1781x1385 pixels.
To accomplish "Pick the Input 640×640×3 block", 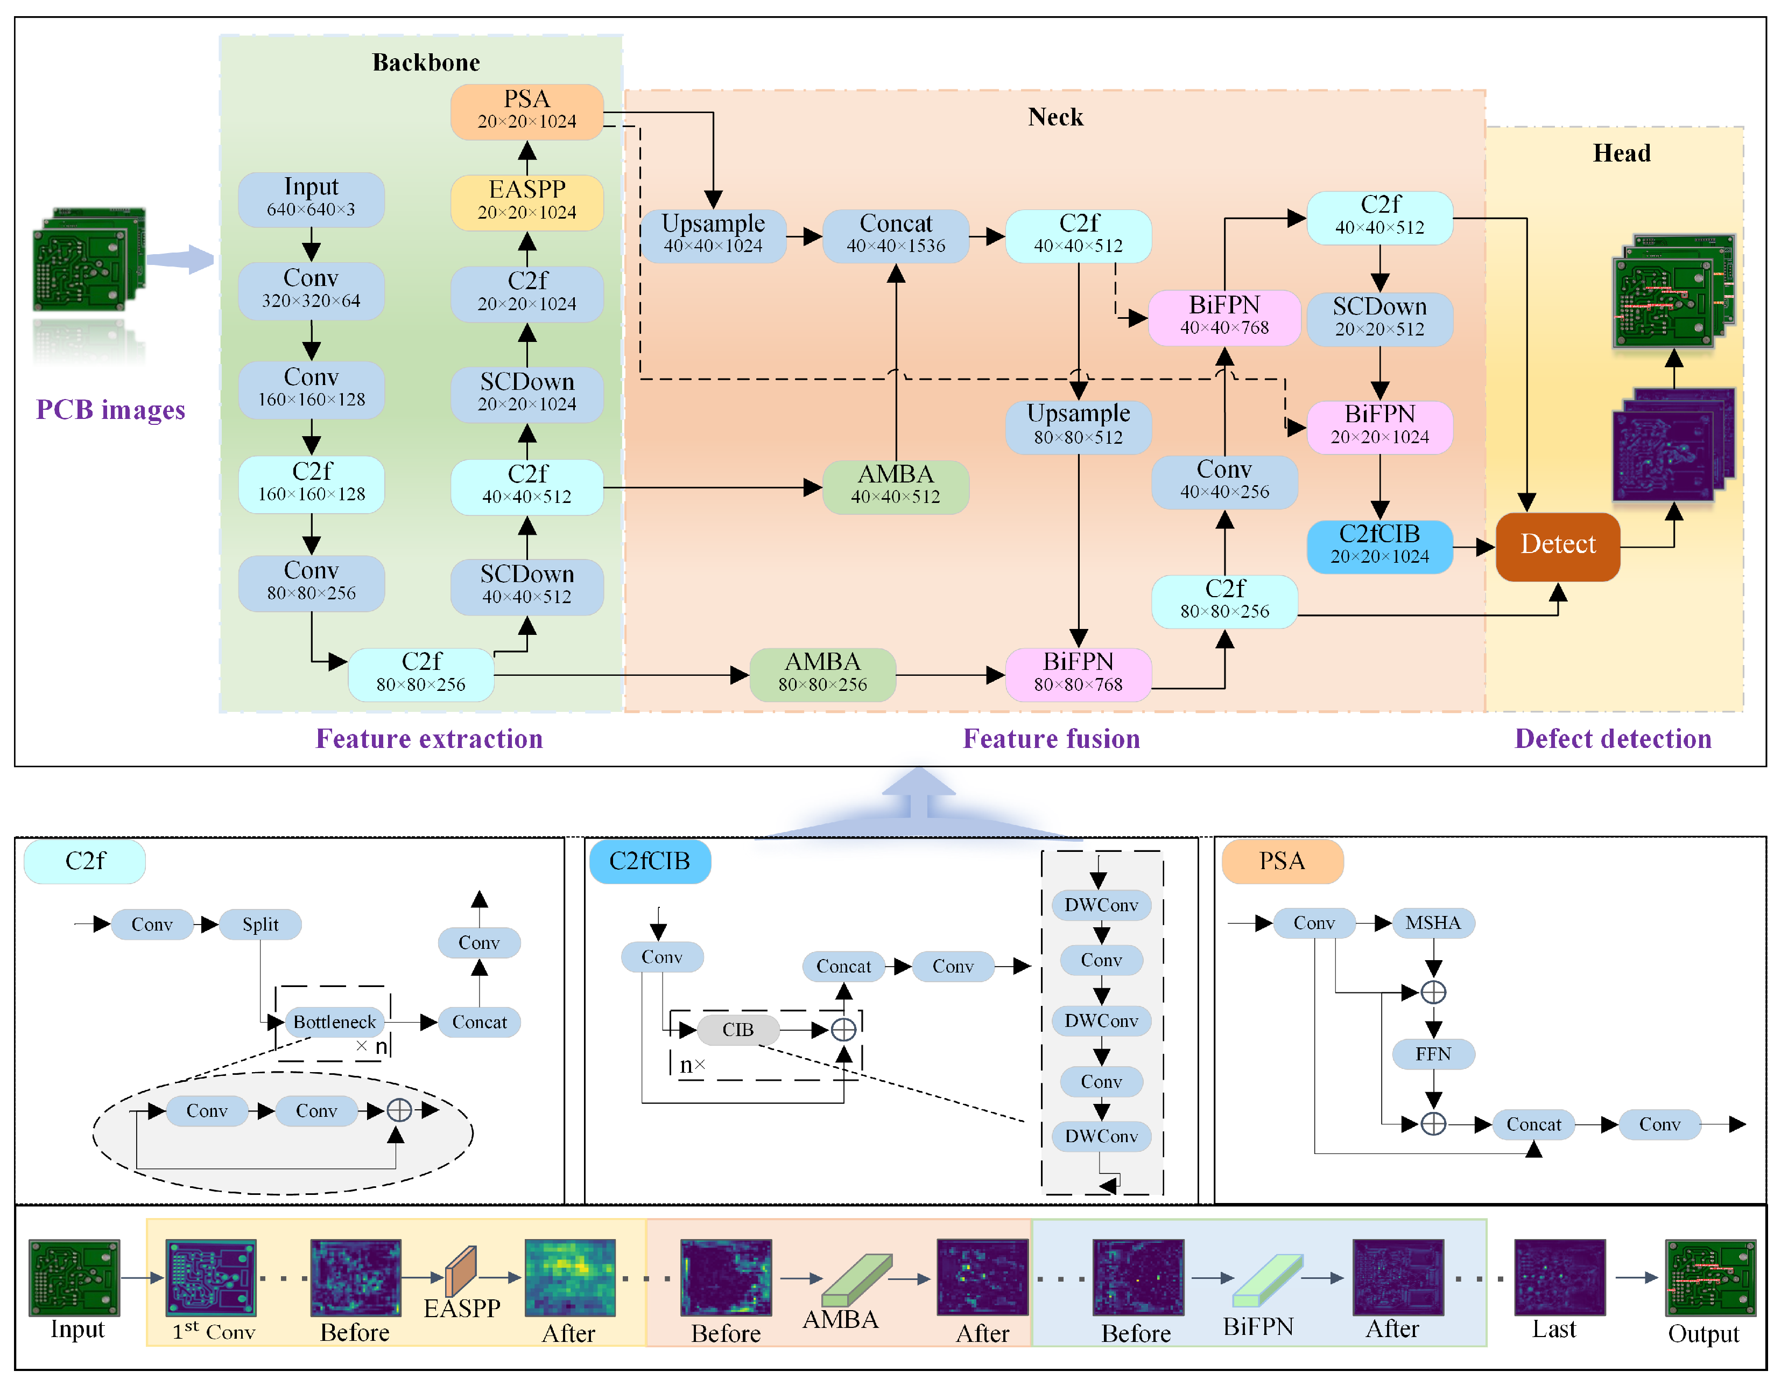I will point(311,198).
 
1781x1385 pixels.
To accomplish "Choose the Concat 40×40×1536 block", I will point(896,235).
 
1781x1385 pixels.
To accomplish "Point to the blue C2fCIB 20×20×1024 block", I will point(1379,545).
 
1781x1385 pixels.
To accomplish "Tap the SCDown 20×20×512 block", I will point(1379,318).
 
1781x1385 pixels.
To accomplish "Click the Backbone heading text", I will point(426,63).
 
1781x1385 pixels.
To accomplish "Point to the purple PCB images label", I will point(110,409).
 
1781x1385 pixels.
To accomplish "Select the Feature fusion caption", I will point(1051,738).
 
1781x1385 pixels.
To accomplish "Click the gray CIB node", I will point(738,1030).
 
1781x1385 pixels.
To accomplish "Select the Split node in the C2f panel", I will point(260,924).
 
